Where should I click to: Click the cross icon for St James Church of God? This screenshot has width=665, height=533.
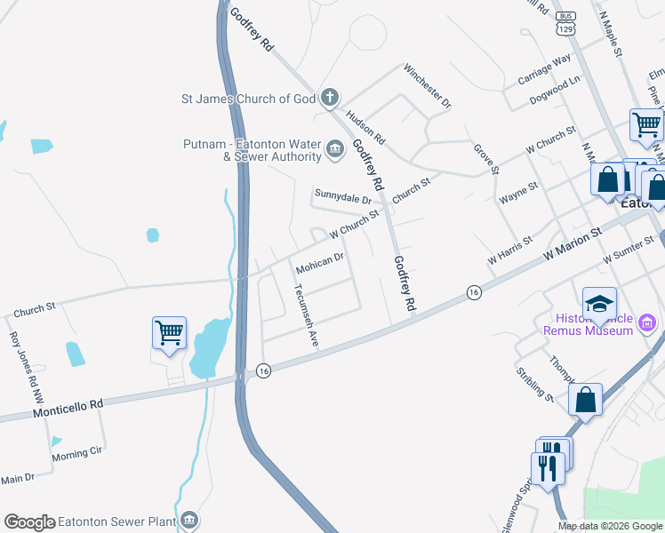330,97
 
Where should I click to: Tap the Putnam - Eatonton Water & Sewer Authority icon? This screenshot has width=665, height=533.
335,148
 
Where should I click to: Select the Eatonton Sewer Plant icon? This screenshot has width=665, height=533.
188,520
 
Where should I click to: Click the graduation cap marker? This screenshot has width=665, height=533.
599,304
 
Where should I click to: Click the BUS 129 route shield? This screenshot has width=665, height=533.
565,23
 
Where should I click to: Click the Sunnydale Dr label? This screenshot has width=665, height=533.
342,195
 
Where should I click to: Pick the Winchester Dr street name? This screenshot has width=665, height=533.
428,85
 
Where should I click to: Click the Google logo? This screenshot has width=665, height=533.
29,522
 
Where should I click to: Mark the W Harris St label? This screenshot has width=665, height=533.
509,251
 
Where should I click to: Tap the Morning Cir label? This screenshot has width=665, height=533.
76,453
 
